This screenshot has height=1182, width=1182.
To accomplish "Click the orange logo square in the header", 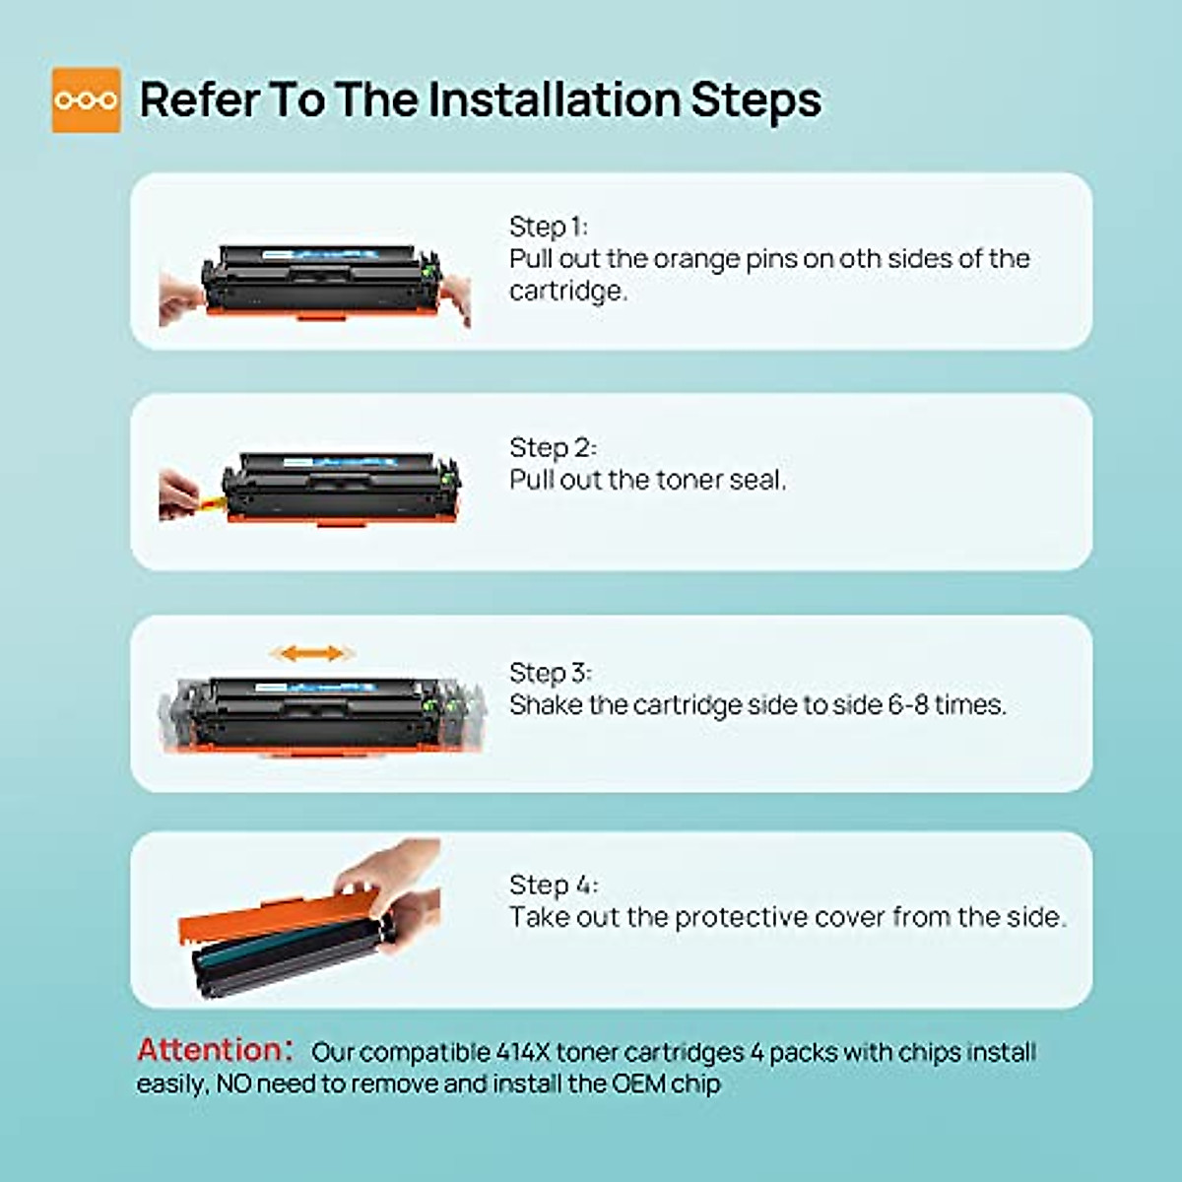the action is tap(86, 100).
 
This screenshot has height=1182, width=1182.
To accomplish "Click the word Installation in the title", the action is tap(554, 99).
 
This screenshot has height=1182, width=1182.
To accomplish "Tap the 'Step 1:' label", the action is tap(549, 227).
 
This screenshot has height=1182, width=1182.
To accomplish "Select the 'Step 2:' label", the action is tap(553, 447).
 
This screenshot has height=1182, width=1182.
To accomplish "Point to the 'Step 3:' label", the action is tap(551, 673).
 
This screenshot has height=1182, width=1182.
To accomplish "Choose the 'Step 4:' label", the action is tap(554, 885).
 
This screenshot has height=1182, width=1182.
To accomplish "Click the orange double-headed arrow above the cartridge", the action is tap(312, 653).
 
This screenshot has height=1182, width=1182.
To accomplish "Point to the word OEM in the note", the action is tap(638, 1083).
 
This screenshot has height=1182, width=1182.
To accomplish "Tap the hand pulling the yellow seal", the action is tap(178, 494).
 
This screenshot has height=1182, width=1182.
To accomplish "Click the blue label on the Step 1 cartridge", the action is tap(319, 254).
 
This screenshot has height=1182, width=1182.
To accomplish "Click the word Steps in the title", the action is tap(755, 100).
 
